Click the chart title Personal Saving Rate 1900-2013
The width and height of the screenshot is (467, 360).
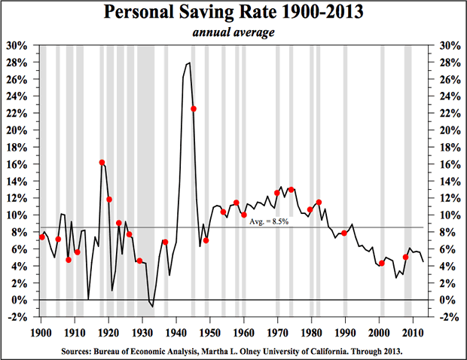coord(233,14)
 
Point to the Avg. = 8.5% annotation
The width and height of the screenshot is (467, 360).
coord(267,221)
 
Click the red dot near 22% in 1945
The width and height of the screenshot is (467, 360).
coord(194,109)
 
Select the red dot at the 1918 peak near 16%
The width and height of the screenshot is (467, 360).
coord(102,163)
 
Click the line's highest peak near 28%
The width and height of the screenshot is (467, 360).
coord(188,63)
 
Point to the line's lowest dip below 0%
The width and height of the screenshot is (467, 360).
coord(152,306)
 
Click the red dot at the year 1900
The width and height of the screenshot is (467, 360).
coord(41,237)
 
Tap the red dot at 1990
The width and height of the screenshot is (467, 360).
coord(344,233)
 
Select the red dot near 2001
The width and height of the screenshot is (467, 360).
coord(382,263)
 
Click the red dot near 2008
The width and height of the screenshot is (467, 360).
coord(406,257)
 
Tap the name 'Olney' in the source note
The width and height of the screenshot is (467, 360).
coord(257,350)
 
